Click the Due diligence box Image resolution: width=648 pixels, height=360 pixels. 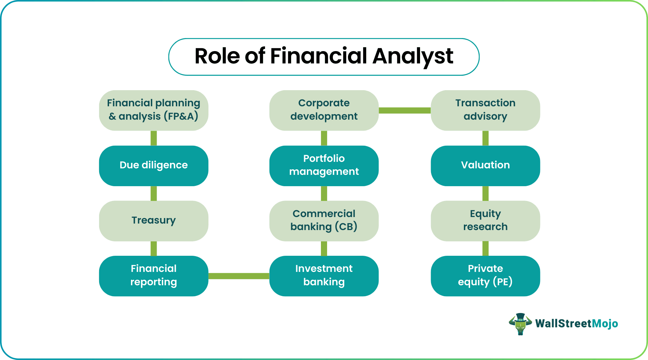154,166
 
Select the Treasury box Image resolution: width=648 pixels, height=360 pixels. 154,221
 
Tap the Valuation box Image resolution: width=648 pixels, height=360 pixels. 485,166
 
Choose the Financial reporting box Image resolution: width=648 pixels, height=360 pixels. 154,276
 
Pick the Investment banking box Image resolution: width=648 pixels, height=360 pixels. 324,276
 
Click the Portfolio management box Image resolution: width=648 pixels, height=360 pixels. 324,166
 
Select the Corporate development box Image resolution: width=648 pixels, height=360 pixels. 324,110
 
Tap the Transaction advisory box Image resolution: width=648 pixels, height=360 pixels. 485,110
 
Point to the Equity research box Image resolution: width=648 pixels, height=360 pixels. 485,221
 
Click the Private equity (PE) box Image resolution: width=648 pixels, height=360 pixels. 485,276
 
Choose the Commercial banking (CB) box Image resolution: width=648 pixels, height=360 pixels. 324,221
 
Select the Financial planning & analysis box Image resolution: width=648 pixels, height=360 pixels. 154,110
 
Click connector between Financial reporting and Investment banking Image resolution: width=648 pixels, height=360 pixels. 239,276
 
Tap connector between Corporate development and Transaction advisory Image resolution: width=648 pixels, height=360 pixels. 405,110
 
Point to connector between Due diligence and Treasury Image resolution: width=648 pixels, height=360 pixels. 154,193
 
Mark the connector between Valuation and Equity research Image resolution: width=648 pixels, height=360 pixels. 485,193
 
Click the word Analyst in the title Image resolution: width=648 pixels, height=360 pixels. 413,57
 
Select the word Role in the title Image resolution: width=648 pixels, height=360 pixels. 217,57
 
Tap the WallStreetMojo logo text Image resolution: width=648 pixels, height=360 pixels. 576,324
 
